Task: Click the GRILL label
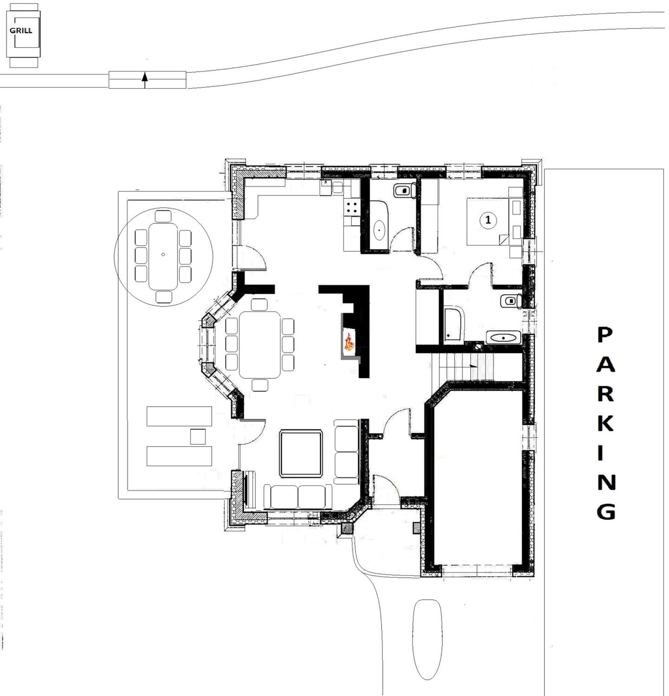[21, 31]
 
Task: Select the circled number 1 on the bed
[488, 220]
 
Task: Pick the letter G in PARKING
[606, 511]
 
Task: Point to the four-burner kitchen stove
[352, 207]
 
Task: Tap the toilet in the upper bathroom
[405, 191]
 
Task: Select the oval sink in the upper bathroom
[379, 230]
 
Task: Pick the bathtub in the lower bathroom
[454, 325]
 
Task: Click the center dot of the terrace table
[163, 254]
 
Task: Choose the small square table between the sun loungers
[198, 437]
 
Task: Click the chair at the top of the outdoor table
[163, 216]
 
